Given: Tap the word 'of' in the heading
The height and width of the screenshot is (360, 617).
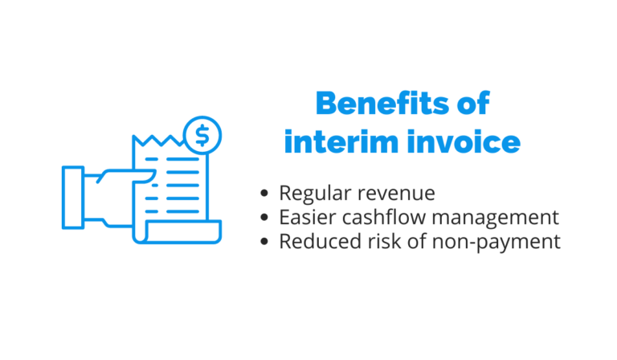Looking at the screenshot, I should click(x=469, y=105).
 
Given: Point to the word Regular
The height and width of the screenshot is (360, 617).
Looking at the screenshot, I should click(x=310, y=194).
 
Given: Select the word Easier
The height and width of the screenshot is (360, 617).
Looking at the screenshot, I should click(x=302, y=218).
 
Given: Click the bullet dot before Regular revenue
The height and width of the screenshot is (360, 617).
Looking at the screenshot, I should click(x=265, y=194).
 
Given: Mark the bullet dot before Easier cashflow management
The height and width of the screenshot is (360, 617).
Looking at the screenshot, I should click(x=265, y=219).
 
